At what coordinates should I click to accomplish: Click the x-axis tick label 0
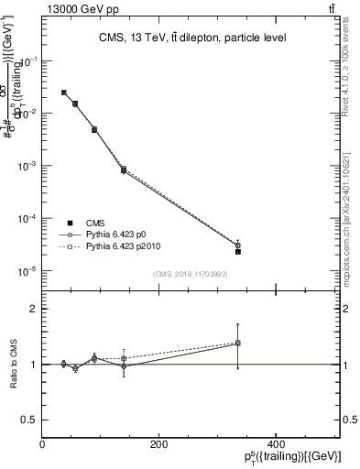click(42, 444)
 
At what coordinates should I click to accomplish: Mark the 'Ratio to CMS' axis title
click(15, 365)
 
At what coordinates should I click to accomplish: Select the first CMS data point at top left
click(64, 93)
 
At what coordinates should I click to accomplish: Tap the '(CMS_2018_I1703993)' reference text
click(191, 274)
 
